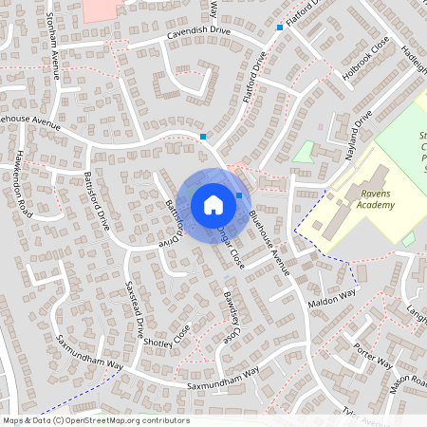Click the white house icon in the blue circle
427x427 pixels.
213,203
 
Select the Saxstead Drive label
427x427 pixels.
135,305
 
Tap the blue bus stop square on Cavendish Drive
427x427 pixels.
280,28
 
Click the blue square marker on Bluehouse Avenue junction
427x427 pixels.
203,137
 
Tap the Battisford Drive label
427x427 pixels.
173,224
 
